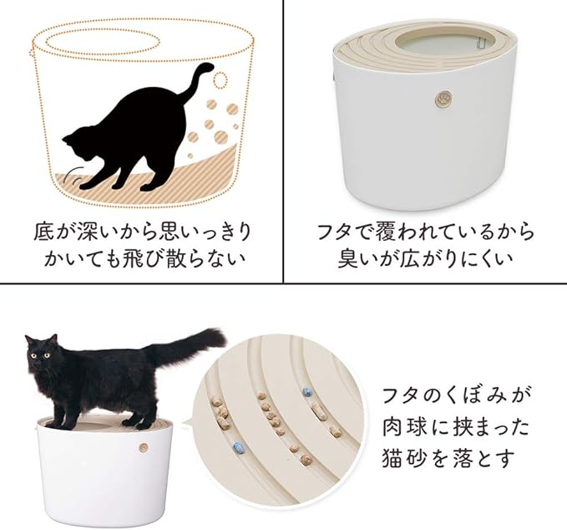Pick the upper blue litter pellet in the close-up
pos(306,391)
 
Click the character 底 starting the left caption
pos(45,230)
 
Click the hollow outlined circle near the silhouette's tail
pos(220,80)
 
